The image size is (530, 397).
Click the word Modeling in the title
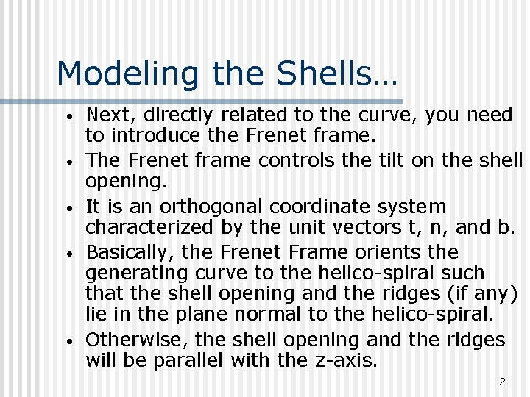[129, 74]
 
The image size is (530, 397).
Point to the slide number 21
[505, 381]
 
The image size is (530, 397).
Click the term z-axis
[350, 360]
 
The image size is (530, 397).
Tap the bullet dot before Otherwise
[68, 342]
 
